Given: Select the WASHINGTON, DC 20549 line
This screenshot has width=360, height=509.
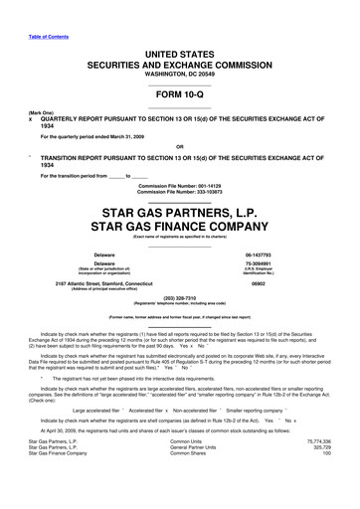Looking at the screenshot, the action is click(x=180, y=74).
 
